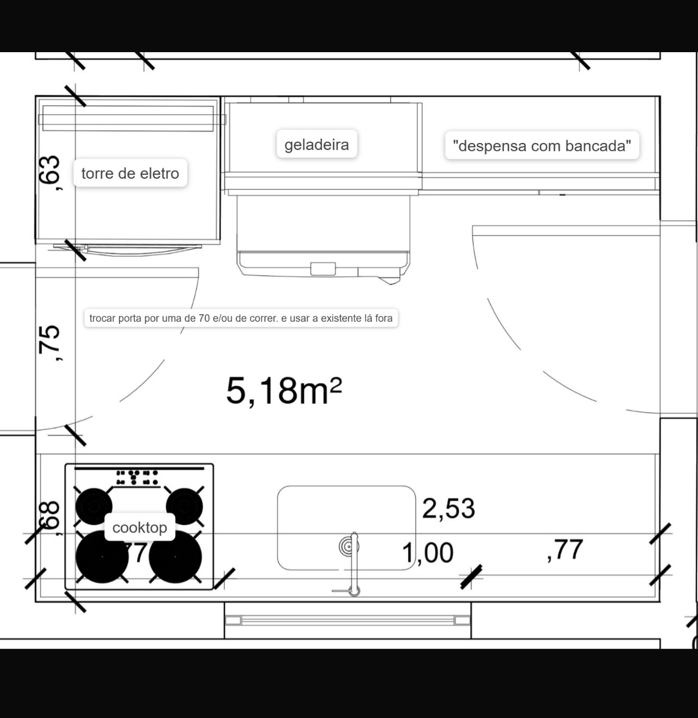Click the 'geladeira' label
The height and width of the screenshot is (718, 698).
coord(317,144)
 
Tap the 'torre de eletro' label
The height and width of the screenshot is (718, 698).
coord(130,173)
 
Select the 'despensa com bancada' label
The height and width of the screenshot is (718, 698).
coord(541,145)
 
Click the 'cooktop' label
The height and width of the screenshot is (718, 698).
coord(140,527)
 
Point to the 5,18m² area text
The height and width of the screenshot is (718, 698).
coord(284,390)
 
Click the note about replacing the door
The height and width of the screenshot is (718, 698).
coord(241,318)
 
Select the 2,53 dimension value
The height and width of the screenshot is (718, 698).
coord(448,509)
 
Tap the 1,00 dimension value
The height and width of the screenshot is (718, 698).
coord(427,553)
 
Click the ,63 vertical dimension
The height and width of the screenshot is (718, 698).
coord(49,173)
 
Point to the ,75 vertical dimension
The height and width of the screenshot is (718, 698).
coord(49,343)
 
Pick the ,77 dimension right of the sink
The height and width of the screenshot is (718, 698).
coord(565,550)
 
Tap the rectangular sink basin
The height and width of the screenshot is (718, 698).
coord(347,528)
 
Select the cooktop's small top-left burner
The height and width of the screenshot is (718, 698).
coord(94,506)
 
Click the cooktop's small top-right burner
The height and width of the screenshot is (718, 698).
coord(184,506)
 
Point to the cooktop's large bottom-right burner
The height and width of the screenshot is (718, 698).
coord(176,557)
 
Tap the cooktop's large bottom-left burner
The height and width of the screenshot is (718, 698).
coord(102,557)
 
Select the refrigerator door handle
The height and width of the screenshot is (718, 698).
coord(323,269)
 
